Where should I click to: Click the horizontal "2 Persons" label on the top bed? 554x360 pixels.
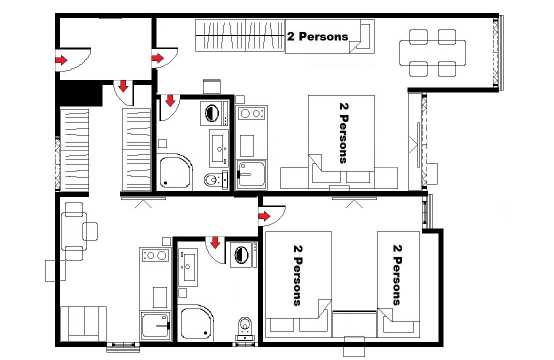[x=317, y=36]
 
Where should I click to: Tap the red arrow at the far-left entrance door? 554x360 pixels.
[x=61, y=60]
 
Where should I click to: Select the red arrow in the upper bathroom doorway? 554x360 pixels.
[x=170, y=100]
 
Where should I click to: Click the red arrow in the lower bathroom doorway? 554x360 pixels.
[x=215, y=242]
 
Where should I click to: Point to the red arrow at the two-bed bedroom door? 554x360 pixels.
[x=264, y=216]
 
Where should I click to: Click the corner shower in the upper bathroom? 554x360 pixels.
[x=175, y=172]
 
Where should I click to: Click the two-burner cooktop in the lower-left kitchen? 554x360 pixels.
[x=155, y=255]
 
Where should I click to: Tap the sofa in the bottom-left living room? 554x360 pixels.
[x=83, y=324]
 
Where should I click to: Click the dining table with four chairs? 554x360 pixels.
[x=432, y=53]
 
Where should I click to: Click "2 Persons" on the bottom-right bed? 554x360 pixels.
[x=397, y=275]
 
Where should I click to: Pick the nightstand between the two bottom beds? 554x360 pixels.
[x=354, y=324]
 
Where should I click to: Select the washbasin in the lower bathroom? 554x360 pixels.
[x=188, y=267]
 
